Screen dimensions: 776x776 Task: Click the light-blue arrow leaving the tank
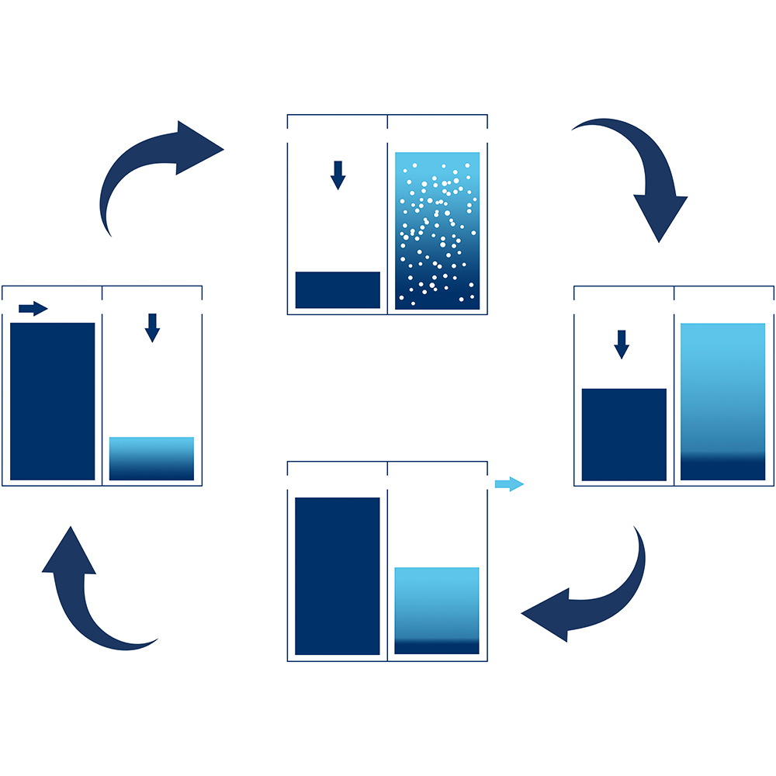509,484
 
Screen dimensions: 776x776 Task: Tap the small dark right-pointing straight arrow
33,309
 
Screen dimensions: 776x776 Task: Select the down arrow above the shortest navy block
338,175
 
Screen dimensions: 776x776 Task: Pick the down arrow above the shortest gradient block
152,327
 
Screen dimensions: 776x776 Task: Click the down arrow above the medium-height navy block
621,344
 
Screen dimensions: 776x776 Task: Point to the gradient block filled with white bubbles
437,230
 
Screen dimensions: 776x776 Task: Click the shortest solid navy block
338,290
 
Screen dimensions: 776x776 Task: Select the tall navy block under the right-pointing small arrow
53,401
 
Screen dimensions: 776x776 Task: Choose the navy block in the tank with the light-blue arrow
338,576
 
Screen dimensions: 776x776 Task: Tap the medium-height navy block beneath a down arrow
624,435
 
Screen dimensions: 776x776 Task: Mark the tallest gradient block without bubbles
722,402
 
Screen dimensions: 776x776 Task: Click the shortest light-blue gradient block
151,459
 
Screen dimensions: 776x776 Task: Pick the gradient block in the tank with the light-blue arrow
437,611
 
